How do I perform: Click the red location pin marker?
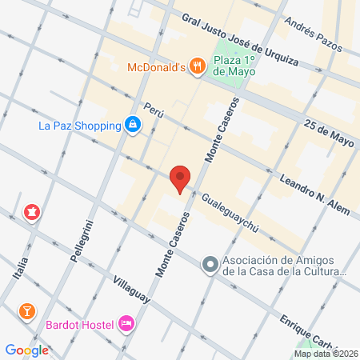[x=180, y=178]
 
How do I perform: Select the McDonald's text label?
[x=157, y=67]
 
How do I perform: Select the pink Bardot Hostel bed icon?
[x=126, y=323]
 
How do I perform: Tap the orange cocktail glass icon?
[x=26, y=310]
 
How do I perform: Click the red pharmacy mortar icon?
[x=31, y=212]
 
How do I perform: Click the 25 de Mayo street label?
[x=329, y=133]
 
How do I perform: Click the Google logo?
[x=27, y=350]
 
